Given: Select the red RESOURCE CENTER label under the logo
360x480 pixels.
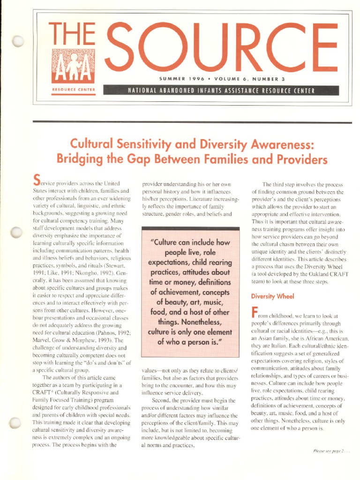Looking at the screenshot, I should coord(73,90).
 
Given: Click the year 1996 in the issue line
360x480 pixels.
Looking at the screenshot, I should coord(193,78).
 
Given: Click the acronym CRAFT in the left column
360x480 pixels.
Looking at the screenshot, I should coord(44,392).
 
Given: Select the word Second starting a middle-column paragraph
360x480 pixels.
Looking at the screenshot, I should coord(162,400).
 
